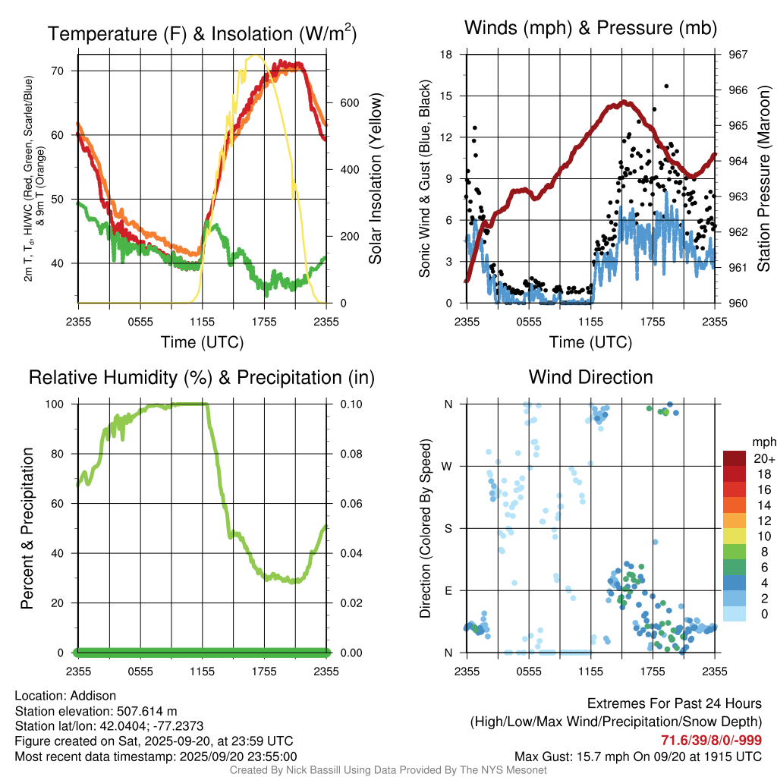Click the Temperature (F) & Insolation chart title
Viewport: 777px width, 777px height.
pyautogui.click(x=202, y=34)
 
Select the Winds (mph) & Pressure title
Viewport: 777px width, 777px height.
pyautogui.click(x=591, y=29)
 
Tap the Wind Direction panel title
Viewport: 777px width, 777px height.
pyautogui.click(x=590, y=377)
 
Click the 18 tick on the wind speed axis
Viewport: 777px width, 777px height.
pyautogui.click(x=446, y=55)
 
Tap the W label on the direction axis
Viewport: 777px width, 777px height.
pyautogui.click(x=448, y=466)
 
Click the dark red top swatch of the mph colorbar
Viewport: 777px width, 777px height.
pyautogui.click(x=735, y=458)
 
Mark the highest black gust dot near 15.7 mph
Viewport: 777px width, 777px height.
pyautogui.click(x=666, y=87)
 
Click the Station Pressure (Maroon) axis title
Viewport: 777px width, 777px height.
pyautogui.click(x=764, y=179)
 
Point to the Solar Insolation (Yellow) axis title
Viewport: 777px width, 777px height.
pyautogui.click(x=375, y=179)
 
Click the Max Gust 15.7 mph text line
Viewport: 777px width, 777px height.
pyautogui.click(x=638, y=756)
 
